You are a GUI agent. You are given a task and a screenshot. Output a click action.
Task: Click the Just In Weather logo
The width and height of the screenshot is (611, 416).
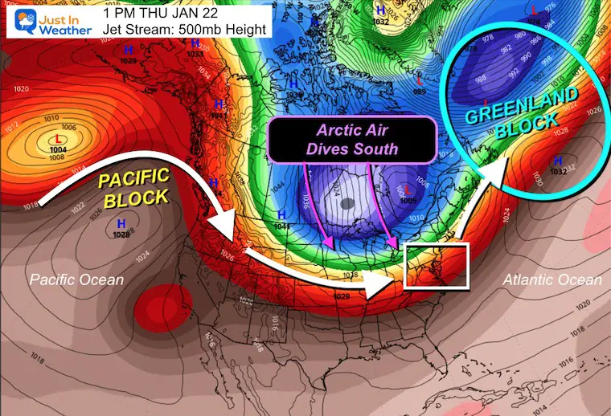pos(46,22)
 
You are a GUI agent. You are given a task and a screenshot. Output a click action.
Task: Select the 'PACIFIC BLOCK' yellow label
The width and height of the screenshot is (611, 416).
pos(136,186)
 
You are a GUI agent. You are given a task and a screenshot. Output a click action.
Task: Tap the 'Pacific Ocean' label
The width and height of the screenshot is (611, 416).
pos(77,279)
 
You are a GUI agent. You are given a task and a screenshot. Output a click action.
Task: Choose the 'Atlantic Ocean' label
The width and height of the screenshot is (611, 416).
pos(552,279)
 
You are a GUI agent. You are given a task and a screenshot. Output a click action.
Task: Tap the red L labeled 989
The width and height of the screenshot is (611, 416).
pos(420,82)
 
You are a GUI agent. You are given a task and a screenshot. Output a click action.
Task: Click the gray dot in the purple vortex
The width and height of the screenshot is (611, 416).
pos(347,205)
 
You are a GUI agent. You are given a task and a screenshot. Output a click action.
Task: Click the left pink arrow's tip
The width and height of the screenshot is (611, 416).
pos(329,245)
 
